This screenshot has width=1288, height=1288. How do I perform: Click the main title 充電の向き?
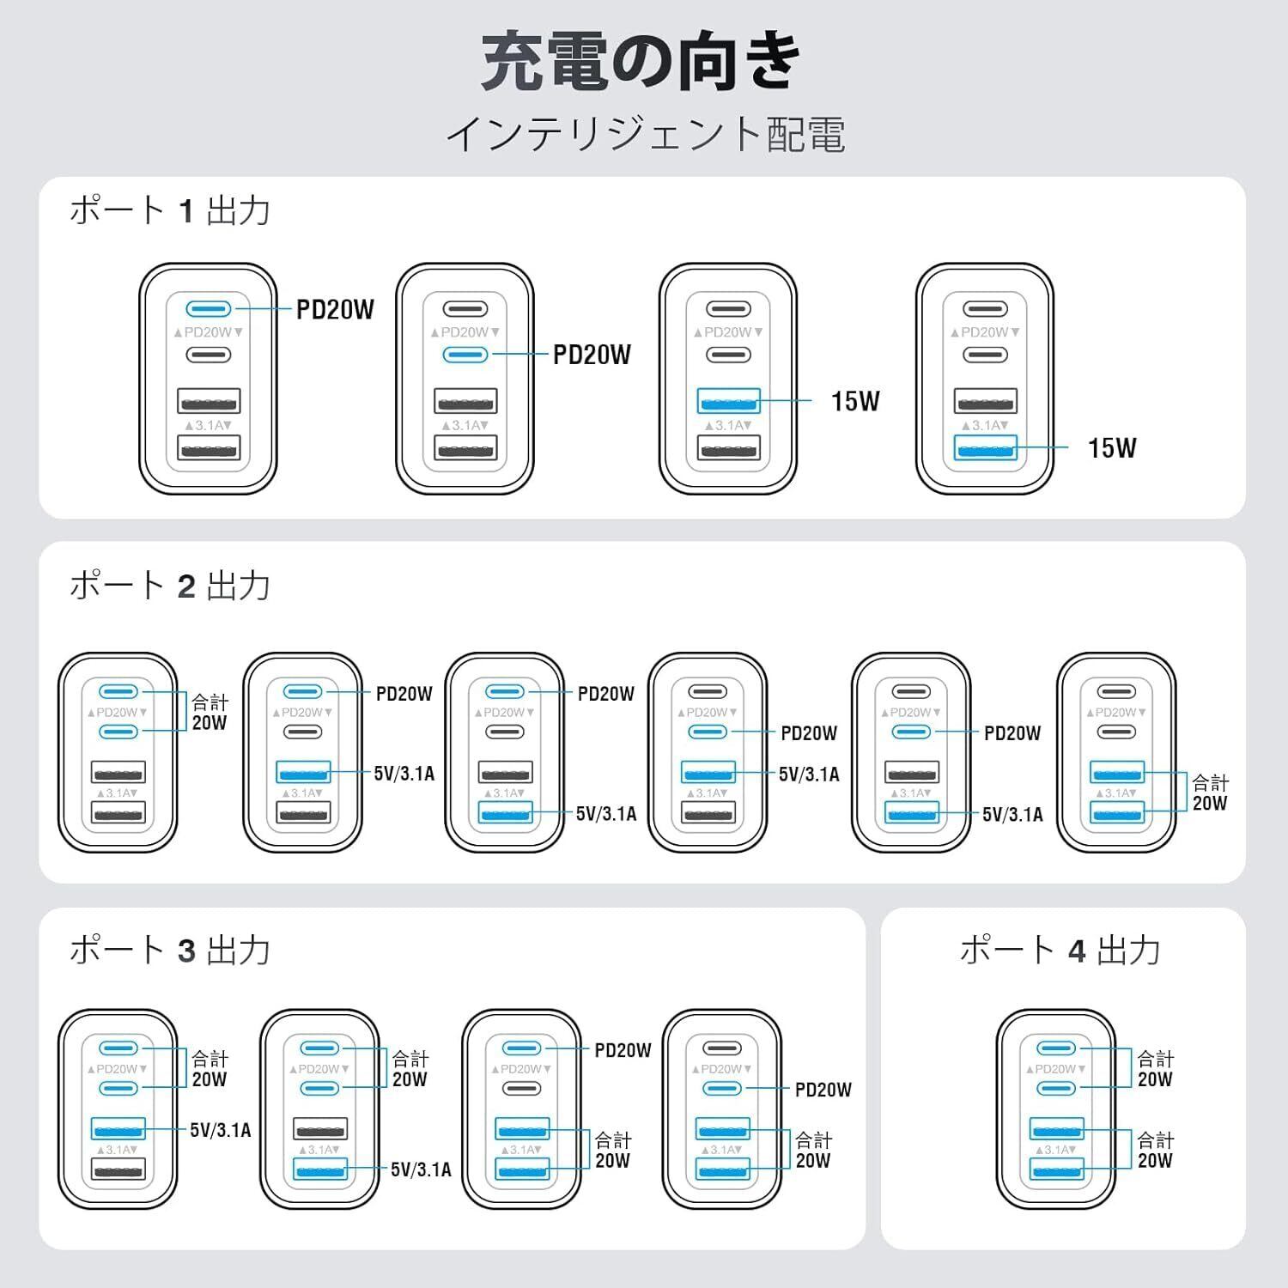[642, 62]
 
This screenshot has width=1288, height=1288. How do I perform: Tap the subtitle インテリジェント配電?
[646, 135]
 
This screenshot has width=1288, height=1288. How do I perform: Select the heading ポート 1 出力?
[170, 210]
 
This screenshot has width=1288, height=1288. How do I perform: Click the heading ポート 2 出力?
[170, 586]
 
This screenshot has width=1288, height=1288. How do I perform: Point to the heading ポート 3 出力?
[170, 951]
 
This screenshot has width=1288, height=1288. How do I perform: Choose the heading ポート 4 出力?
[1060, 951]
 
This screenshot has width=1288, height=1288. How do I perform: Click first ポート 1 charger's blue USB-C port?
[209, 308]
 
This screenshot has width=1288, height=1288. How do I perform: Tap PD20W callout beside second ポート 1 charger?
[592, 355]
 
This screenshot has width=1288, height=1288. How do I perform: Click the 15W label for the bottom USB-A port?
[1112, 447]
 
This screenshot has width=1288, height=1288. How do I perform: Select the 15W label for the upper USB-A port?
[855, 401]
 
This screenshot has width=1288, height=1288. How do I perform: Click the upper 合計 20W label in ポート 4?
[1155, 1069]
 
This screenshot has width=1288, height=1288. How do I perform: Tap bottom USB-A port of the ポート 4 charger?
[1057, 1169]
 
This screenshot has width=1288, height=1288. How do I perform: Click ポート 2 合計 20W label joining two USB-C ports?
[210, 713]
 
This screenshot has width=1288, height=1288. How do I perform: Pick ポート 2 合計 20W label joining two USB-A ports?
[1210, 793]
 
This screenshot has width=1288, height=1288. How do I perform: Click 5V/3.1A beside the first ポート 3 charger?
[221, 1130]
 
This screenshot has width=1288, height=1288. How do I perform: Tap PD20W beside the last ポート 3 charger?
[823, 1090]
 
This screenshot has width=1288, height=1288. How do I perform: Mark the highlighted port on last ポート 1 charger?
[986, 447]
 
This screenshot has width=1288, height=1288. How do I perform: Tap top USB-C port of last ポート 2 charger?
[1116, 691]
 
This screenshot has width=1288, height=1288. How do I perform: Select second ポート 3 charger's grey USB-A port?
[320, 1128]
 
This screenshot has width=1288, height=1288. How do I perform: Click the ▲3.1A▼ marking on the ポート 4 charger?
[1057, 1150]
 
